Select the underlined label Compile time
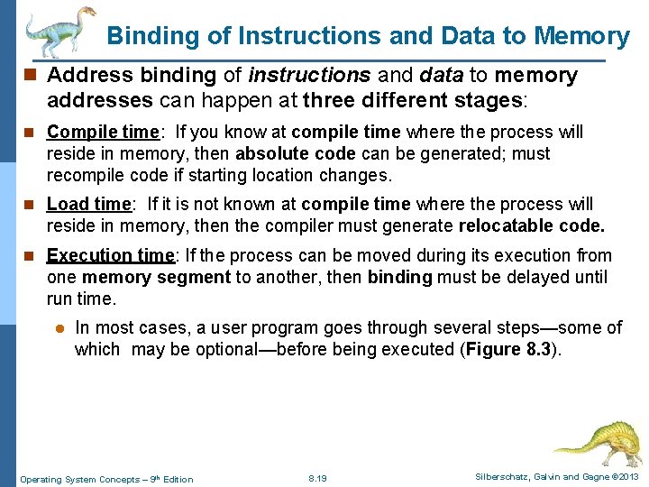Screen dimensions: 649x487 coord(102,133)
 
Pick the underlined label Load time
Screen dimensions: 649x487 coord(88,205)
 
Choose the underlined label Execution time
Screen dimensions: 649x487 coord(111,256)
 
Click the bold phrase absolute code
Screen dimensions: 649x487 coord(291,154)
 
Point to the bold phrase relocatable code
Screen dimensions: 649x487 coord(532,226)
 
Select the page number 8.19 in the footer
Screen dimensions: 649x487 coord(317,478)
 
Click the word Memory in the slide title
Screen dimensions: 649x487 coord(581,36)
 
